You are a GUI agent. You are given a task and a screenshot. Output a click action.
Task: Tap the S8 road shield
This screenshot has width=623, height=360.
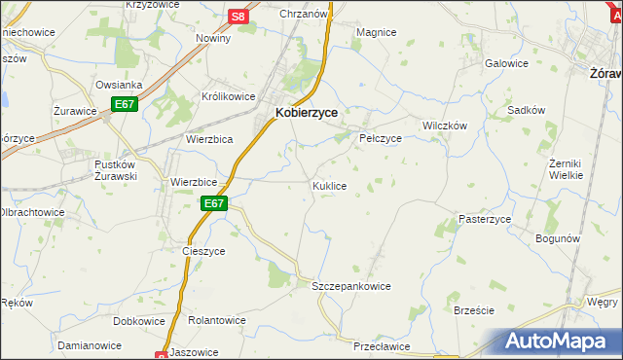[x=239, y=17]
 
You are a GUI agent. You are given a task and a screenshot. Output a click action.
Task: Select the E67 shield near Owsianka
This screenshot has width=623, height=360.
[x=124, y=104]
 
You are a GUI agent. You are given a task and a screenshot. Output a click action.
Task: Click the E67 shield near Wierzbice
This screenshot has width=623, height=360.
[x=214, y=203]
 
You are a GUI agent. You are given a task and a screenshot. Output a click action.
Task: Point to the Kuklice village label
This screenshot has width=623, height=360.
[x=329, y=185]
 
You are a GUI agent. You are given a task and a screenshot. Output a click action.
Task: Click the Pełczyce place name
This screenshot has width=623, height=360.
[x=381, y=138]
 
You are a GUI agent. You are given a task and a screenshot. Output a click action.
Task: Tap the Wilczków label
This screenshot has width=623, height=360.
[x=445, y=126]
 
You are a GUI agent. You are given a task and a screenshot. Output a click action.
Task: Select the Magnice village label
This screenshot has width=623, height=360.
[x=376, y=32]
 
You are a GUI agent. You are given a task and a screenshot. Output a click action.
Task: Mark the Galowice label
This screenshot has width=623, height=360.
[x=506, y=63]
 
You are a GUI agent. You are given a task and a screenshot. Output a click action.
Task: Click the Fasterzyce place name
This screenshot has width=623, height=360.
[x=485, y=220]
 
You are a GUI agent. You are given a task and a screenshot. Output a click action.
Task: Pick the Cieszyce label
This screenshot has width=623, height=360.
[x=203, y=250]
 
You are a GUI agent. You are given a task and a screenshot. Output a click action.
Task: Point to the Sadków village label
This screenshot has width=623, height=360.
[x=526, y=111]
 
